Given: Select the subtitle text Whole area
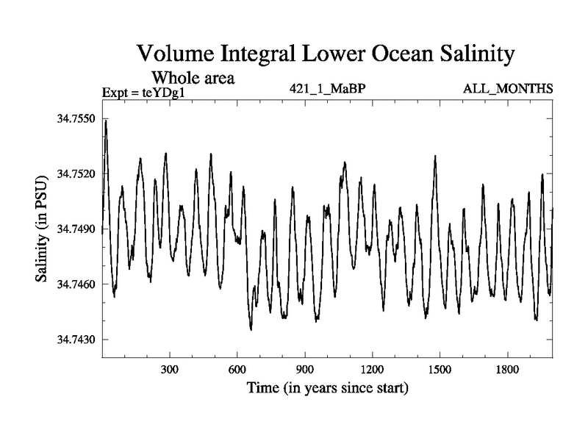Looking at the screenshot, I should [193, 76].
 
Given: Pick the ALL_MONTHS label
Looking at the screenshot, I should [508, 90].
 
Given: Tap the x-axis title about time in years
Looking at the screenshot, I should [327, 387].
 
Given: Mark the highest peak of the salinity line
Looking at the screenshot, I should [106, 121].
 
